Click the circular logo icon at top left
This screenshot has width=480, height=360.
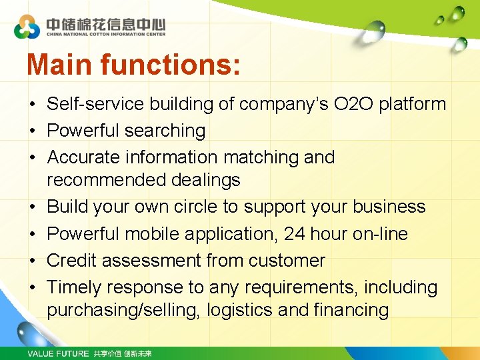[x=27, y=27]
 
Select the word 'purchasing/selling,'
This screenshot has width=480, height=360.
[x=123, y=310]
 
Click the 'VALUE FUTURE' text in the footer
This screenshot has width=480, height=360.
[x=58, y=353]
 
